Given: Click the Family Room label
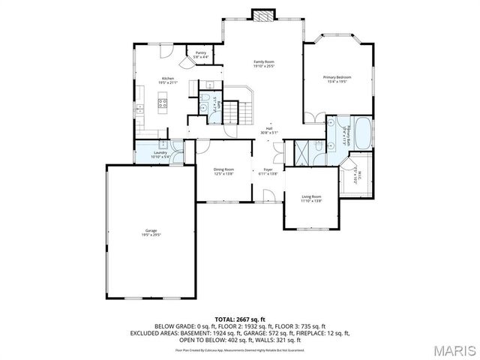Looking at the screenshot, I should click(263, 61).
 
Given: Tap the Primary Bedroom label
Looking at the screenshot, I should click(337, 77).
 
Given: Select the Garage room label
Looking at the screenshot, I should click(151, 229).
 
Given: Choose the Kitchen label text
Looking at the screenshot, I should click(169, 79).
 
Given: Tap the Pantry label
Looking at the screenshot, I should click(201, 52).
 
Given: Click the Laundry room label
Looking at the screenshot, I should click(160, 152).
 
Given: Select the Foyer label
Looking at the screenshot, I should click(268, 169).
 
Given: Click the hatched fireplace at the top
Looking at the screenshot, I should click(262, 15).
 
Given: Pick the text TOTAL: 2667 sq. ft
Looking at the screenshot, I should click(240, 319).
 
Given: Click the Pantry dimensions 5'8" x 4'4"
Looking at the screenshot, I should click(201, 57).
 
